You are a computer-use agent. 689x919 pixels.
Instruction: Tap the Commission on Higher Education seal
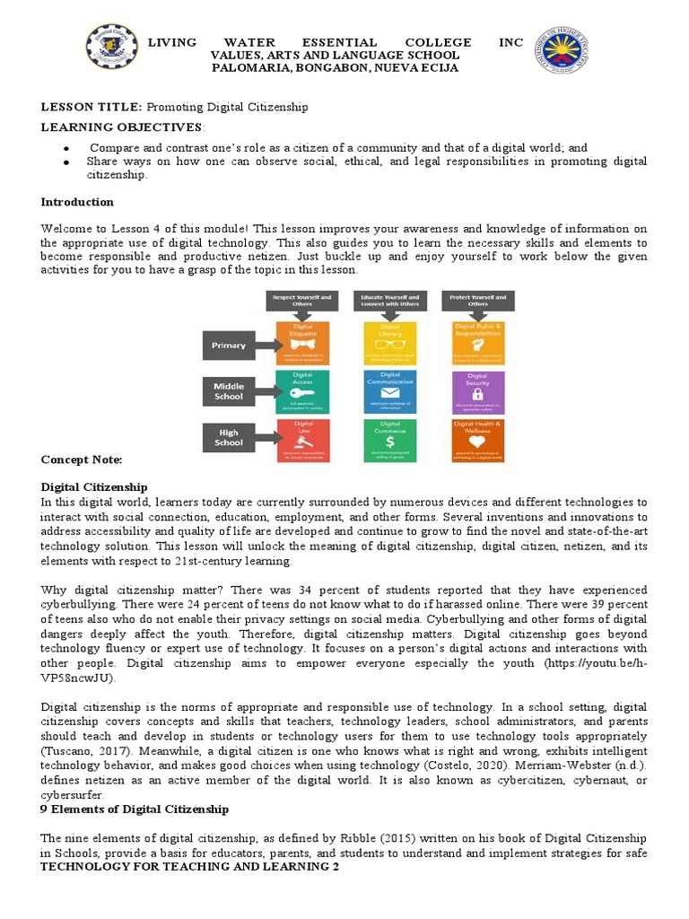click(x=563, y=52)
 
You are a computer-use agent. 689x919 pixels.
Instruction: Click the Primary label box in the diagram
click(x=229, y=345)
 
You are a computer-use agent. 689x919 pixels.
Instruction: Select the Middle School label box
click(x=229, y=391)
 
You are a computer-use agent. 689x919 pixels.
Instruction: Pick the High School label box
click(x=229, y=437)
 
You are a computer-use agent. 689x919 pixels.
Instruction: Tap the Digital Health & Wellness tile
click(x=477, y=441)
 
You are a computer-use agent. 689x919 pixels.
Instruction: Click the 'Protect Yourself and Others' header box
click(x=477, y=302)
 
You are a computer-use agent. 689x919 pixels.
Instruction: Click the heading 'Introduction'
click(x=77, y=202)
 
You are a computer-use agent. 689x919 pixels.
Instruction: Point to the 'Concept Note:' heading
click(x=81, y=459)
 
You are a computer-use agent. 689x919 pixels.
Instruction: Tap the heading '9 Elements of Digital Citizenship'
click(x=135, y=810)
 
